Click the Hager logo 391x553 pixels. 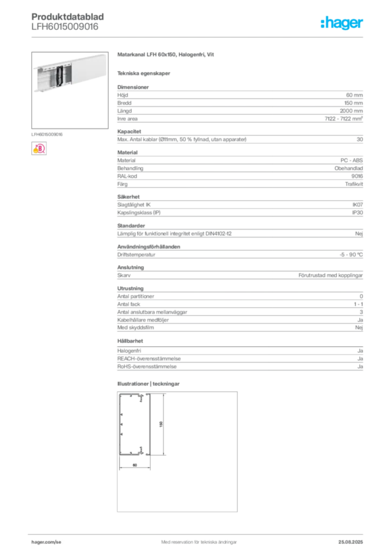(x=341, y=23)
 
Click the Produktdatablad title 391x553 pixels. (x=68, y=17)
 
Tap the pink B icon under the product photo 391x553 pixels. (x=39, y=149)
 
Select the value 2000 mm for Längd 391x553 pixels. (x=351, y=111)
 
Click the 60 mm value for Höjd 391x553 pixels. (x=354, y=95)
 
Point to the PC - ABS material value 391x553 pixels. (x=352, y=160)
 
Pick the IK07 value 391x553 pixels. (x=358, y=205)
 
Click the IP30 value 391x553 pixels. (x=358, y=213)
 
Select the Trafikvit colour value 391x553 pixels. (x=354, y=184)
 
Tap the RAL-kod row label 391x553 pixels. (x=127, y=176)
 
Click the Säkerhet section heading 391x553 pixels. (x=129, y=197)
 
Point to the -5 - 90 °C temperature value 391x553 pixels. (x=351, y=255)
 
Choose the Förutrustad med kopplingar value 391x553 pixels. (x=331, y=275)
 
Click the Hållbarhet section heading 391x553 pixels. (x=130, y=341)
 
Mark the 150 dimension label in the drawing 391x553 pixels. (x=161, y=424)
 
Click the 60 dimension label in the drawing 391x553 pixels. (x=134, y=465)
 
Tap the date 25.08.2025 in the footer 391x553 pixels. (x=350, y=542)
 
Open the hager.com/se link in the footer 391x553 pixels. (x=46, y=542)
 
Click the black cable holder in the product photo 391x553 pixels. (x=59, y=76)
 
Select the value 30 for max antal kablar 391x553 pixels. (x=360, y=139)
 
